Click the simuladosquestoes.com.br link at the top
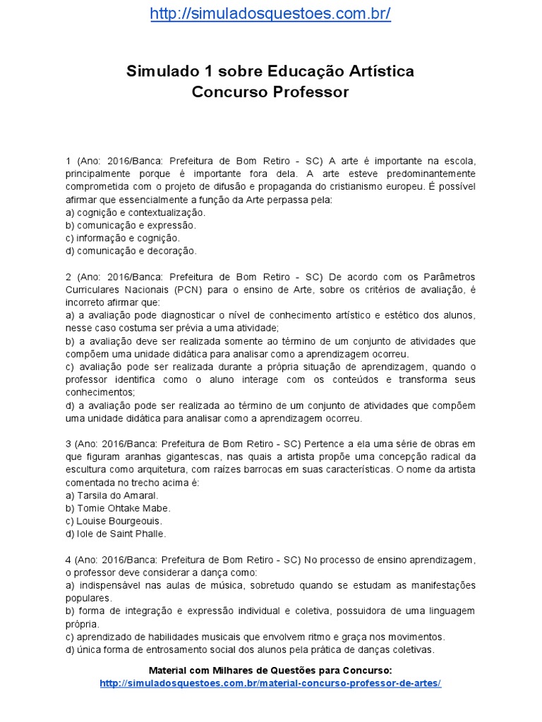coord(270,15)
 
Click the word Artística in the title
coord(380,71)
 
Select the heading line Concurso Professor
coord(270,92)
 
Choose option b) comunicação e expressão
coord(131,225)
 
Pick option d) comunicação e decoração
coord(131,250)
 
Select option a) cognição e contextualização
coord(135,212)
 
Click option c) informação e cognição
coord(123,238)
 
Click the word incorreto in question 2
coord(86,302)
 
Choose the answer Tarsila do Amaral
coord(112,495)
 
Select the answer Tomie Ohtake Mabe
coord(118,508)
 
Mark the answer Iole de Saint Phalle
coord(115,533)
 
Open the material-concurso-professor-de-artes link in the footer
coord(270,684)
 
